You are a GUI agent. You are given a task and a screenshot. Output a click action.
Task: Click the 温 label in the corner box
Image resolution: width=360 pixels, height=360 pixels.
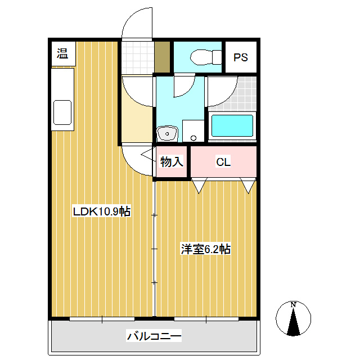click(x=62, y=53)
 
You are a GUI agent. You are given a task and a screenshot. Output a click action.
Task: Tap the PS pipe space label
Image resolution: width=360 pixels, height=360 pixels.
click(x=241, y=57)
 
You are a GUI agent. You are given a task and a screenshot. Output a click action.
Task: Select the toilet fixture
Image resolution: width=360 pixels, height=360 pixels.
click(x=206, y=57)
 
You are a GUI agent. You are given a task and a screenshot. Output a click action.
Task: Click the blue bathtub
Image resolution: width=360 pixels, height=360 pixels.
click(x=232, y=126)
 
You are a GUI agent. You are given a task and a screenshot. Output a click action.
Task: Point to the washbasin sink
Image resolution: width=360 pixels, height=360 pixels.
click(x=167, y=133)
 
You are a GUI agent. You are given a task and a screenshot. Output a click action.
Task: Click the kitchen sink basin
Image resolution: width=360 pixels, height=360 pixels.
click(x=62, y=112)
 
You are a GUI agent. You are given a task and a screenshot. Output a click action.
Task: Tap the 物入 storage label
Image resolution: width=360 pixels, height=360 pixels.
click(x=172, y=161)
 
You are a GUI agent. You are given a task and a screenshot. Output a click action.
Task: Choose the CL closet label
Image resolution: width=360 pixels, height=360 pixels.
click(x=223, y=162)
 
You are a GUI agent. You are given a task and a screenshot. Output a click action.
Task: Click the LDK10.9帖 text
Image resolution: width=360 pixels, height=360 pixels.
click(x=101, y=211)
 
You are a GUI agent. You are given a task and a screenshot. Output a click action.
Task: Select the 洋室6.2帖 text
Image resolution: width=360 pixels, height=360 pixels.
click(x=206, y=249)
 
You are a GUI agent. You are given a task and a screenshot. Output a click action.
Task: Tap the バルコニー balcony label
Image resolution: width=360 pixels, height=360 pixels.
click(x=154, y=336)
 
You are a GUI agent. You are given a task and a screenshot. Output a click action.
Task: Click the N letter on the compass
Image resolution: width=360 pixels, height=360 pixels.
click(x=293, y=305)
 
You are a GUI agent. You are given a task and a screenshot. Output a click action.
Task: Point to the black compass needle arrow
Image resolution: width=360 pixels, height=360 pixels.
click(x=294, y=321)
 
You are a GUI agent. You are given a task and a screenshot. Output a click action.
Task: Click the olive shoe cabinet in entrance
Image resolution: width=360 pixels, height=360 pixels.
click(x=162, y=57)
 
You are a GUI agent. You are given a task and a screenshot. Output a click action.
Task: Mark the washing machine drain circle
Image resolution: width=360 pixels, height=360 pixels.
click(x=193, y=138)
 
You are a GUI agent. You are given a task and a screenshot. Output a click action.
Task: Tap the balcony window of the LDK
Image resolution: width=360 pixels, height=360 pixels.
click(x=102, y=319)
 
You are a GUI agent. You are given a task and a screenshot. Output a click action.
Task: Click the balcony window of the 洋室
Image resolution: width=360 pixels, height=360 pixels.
click(x=206, y=319)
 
